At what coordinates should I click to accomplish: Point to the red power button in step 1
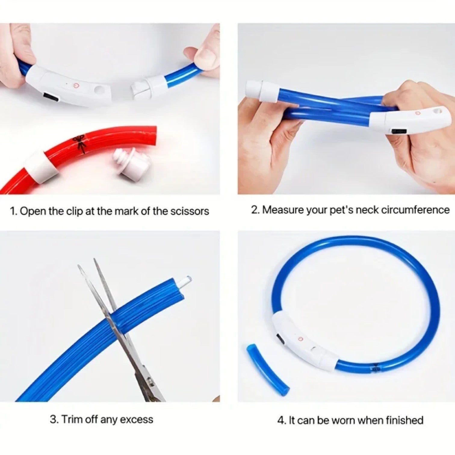click(x=77, y=85)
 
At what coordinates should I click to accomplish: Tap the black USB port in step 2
click(x=398, y=131)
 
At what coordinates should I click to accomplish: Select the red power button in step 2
click(x=418, y=113)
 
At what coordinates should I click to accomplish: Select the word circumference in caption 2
click(x=415, y=210)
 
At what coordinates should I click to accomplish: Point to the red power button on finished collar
click(x=300, y=339)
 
